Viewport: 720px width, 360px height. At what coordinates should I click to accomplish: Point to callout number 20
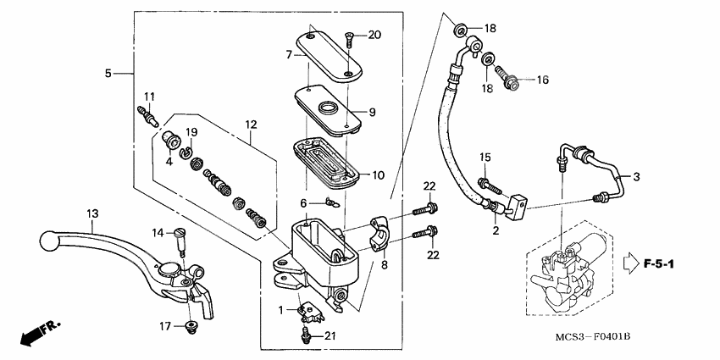click(374, 35)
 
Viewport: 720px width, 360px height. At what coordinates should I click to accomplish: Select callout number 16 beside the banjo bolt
click(541, 80)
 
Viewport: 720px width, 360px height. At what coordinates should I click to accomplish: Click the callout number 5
click(108, 74)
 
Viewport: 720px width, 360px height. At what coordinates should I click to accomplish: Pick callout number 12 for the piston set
click(251, 125)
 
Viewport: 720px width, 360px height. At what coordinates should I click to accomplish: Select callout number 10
click(377, 175)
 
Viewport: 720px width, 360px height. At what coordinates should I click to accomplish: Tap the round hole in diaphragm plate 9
click(325, 107)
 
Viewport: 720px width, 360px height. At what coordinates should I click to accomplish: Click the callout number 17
click(166, 326)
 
